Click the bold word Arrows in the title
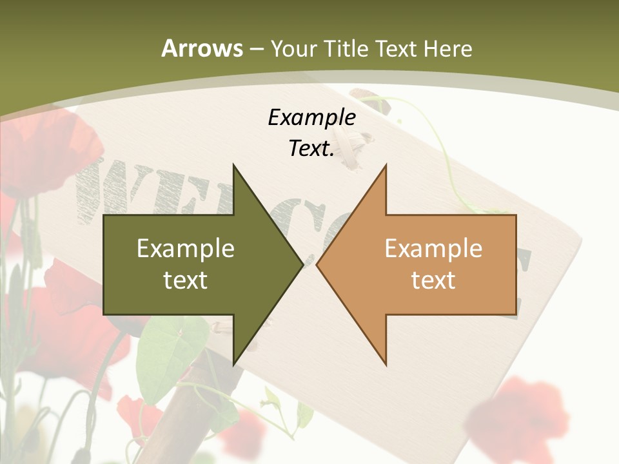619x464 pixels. pos(202,49)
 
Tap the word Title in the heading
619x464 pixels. pos(346,49)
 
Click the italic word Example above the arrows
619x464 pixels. pos(311,118)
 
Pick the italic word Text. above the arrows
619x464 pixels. pos(311,149)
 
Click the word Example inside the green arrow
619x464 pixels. pos(185,249)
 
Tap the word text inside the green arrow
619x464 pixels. pos(185,280)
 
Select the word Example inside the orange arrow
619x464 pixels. pos(433,249)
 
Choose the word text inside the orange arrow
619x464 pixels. pos(433,280)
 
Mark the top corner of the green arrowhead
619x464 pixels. pos(233,166)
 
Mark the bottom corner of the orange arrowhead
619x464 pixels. pos(386,364)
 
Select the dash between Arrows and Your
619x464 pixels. pos(256,49)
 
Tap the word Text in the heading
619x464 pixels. pos(397,49)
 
